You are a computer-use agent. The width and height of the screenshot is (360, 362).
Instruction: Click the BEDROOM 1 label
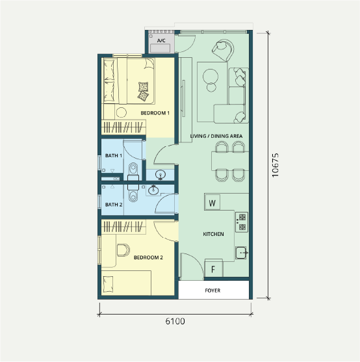[155, 113]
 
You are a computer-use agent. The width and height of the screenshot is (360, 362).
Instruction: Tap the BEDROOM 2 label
[148, 257]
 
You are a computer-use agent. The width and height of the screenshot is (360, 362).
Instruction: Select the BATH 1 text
[114, 155]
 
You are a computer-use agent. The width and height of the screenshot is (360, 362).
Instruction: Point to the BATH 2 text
[114, 205]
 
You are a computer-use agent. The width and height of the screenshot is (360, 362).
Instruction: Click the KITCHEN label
[213, 234]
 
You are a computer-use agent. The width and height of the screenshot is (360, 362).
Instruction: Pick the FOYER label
[212, 291]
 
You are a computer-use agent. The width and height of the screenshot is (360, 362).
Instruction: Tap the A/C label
[161, 41]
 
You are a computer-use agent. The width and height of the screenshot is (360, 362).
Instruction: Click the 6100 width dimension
[175, 321]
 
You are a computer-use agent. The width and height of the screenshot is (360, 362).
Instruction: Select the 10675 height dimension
[275, 165]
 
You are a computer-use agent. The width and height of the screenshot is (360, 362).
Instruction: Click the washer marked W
[212, 203]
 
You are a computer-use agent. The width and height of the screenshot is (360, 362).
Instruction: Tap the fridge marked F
[214, 268]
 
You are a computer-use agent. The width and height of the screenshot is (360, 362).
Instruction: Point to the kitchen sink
[241, 253]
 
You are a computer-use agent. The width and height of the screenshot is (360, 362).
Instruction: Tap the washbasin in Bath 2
[153, 190]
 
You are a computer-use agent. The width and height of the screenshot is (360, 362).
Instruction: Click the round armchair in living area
[223, 50]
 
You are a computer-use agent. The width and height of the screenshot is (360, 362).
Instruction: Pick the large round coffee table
[211, 76]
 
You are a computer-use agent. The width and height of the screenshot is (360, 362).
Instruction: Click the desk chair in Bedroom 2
[123, 250]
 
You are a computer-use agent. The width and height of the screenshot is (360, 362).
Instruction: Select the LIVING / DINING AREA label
[216, 136]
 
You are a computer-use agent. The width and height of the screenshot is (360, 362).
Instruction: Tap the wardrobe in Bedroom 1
[123, 127]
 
